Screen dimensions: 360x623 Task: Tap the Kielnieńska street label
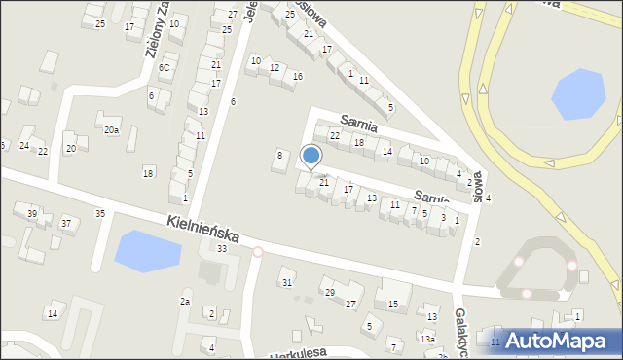(x=204, y=232)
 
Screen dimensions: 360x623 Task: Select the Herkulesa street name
(x=298, y=352)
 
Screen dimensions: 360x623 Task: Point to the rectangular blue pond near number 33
(x=148, y=251)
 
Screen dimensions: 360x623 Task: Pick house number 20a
(x=112, y=130)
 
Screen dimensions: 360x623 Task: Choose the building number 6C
(x=165, y=67)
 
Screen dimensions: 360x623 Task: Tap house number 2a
(x=184, y=302)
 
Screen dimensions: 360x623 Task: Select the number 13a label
(x=427, y=339)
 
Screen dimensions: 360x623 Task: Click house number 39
(x=32, y=214)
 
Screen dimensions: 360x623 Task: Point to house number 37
(x=66, y=224)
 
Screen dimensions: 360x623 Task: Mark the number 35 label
(x=99, y=213)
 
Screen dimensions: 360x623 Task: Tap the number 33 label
(x=222, y=249)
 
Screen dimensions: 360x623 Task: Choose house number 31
(x=287, y=282)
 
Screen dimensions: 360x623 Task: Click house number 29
(x=330, y=292)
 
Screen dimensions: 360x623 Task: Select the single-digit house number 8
(x=280, y=155)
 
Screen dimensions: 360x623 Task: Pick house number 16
(x=297, y=76)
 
